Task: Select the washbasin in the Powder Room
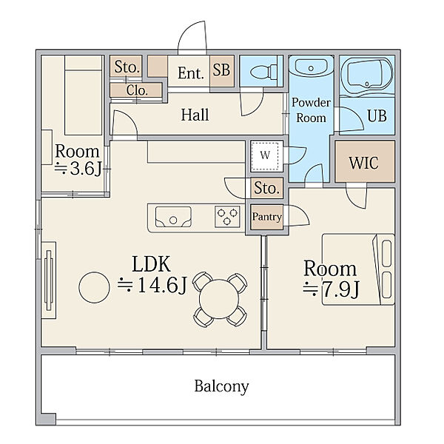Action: [x=311, y=67]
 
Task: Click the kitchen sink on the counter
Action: [x=173, y=217]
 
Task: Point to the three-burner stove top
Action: [x=227, y=217]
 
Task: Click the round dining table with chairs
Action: [x=220, y=299]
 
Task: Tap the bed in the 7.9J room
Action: [x=358, y=269]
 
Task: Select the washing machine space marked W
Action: [x=266, y=156]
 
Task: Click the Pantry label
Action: [x=266, y=217]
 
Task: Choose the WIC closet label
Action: [x=364, y=163]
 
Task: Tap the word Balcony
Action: [x=221, y=386]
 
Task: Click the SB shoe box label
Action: [x=221, y=70]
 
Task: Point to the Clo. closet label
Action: [x=137, y=90]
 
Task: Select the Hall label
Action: [x=195, y=115]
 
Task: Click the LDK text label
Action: [x=152, y=264]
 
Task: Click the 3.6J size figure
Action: [x=78, y=169]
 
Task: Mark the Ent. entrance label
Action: [x=191, y=73]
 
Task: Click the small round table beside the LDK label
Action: [x=94, y=287]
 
